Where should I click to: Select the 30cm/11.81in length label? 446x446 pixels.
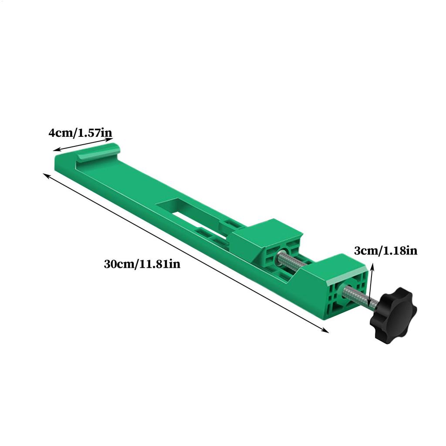coord(142,264)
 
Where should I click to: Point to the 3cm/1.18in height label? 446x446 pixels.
coord(386,250)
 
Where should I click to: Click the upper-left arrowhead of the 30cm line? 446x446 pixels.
coord(45,175)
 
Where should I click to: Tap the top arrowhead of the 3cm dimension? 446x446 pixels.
coord(372,265)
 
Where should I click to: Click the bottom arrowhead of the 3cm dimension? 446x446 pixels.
coord(369,307)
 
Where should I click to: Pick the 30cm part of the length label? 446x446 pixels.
coord(118,264)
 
